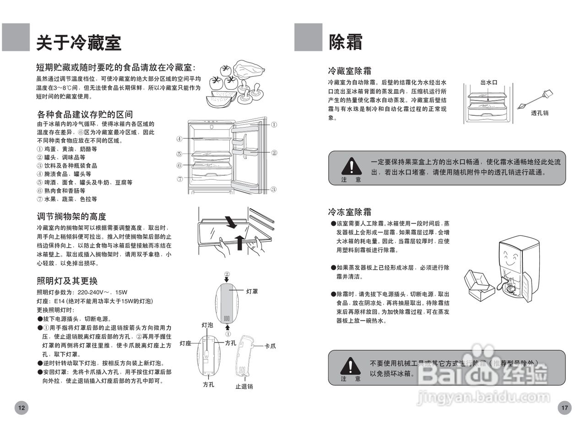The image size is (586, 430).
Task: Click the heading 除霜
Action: tap(346, 42)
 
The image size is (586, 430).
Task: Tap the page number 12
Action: tap(22, 408)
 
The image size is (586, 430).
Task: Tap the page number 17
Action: tap(564, 408)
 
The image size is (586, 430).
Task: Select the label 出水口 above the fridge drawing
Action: tap(488, 82)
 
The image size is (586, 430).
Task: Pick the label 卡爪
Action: tap(270, 346)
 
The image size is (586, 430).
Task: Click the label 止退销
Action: tap(244, 386)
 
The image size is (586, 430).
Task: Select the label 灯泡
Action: tap(207, 325)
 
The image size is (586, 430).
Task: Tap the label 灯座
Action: tap(185, 343)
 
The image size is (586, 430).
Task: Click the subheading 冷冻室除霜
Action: tap(349, 212)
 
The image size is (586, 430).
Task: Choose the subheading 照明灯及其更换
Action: tap(67, 281)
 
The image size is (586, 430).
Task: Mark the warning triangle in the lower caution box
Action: tap(351, 365)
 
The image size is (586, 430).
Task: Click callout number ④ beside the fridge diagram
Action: tap(180, 139)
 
